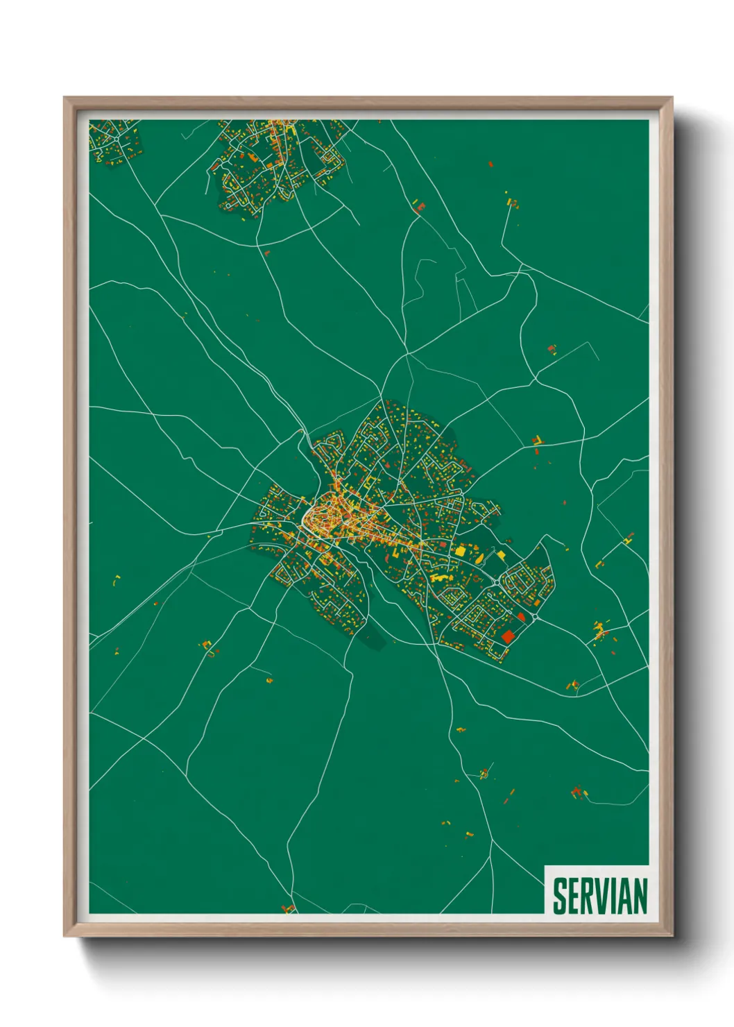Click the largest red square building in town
508,636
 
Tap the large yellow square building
460,551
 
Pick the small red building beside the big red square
521,616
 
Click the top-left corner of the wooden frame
65,98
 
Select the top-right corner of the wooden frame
672,98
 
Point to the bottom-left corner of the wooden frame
65,936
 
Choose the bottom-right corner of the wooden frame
672,936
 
